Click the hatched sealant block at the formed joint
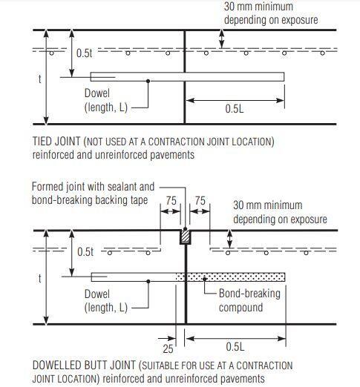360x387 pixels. [x=186, y=237]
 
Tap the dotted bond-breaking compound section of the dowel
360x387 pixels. [x=230, y=277]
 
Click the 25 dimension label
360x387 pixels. [x=168, y=348]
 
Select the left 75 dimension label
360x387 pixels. [x=171, y=201]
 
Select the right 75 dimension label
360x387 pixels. [x=200, y=201]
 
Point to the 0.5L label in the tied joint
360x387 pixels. [x=235, y=109]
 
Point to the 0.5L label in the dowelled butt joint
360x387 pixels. [x=235, y=346]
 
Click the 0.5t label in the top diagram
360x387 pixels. [x=85, y=53]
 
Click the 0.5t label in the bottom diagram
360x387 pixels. [x=85, y=252]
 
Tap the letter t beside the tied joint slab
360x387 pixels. [x=39, y=79]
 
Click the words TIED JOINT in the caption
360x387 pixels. [x=56, y=142]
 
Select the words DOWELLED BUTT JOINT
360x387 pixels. [x=84, y=365]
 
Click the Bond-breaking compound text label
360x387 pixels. [x=249, y=300]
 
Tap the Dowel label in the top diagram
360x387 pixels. [x=97, y=93]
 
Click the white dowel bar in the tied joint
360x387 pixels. [x=187, y=76]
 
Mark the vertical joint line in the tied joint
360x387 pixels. [x=185, y=77]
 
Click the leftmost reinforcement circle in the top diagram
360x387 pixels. [x=51, y=53]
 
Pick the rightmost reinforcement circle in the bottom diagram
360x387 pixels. [x=306, y=253]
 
